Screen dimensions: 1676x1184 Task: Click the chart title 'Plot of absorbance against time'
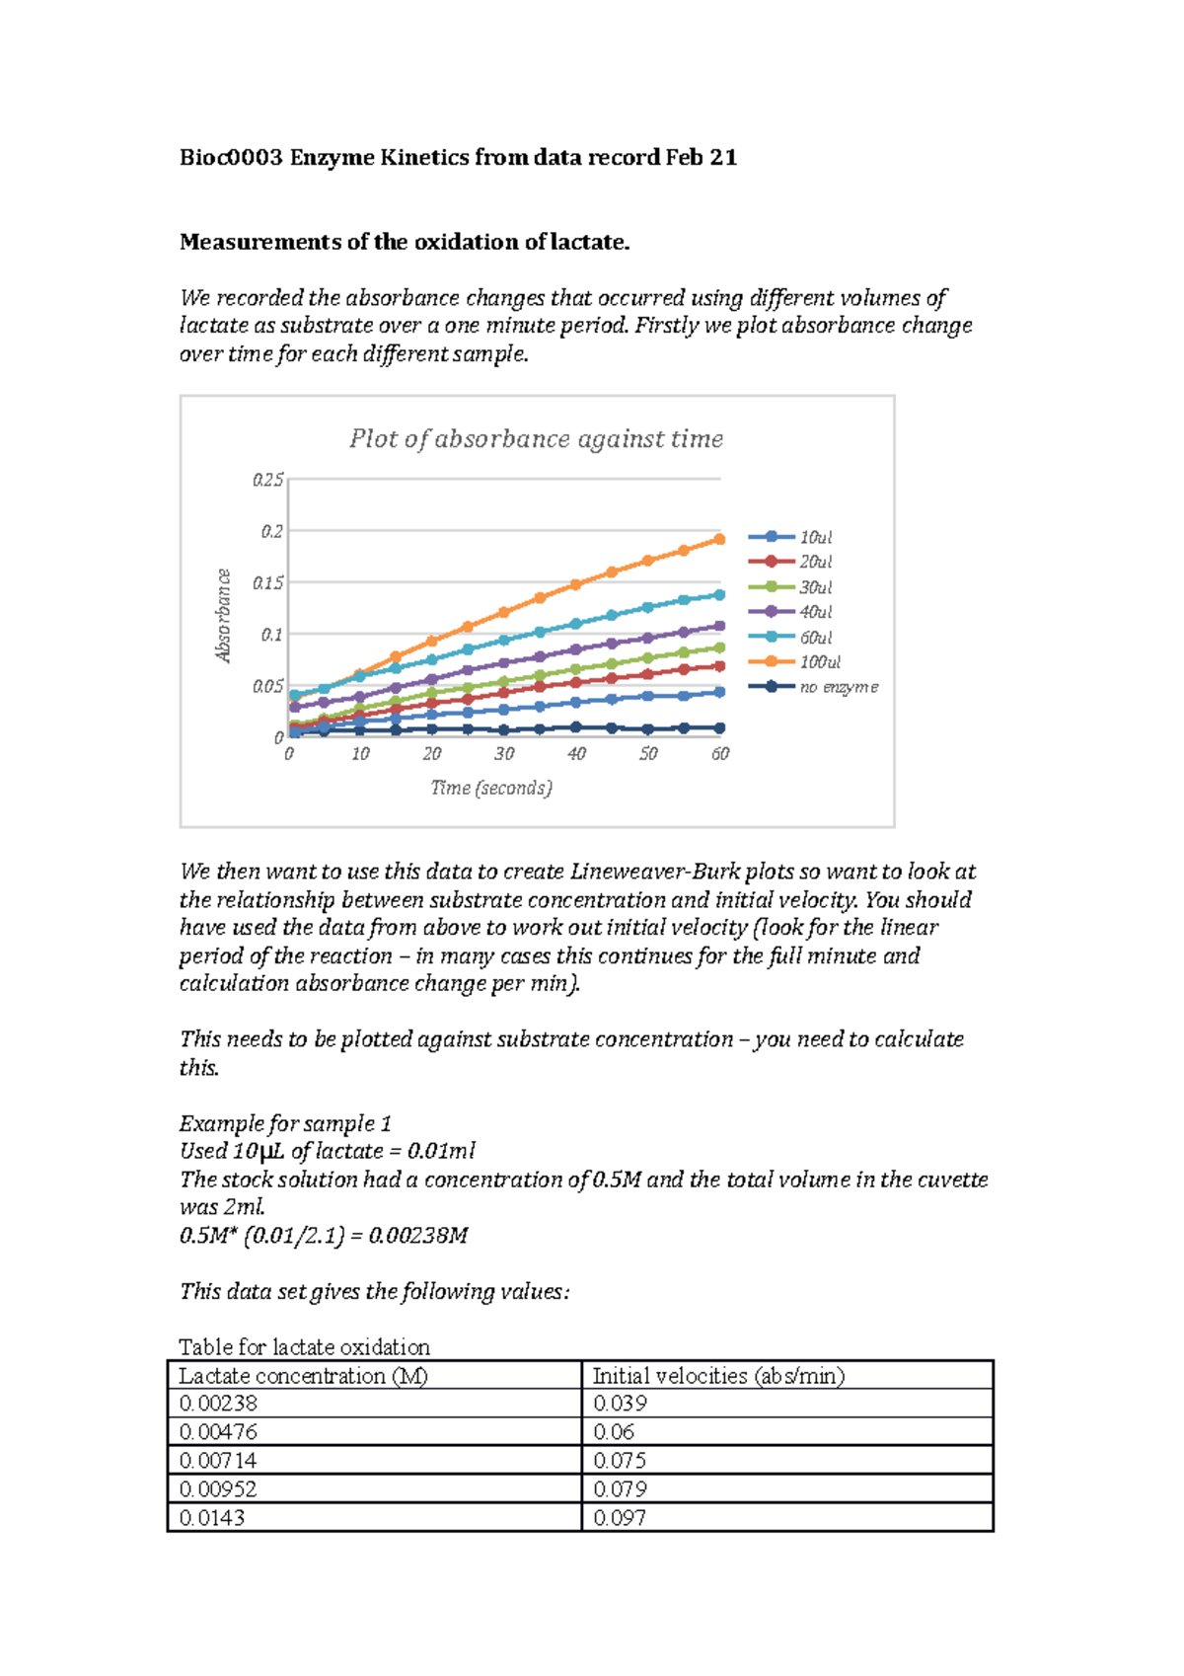[x=536, y=439]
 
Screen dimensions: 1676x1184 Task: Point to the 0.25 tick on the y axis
[x=267, y=480]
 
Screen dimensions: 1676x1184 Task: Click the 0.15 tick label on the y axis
[x=267, y=583]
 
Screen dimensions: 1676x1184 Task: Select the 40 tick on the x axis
[x=576, y=754]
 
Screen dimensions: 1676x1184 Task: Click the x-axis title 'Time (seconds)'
[x=491, y=788]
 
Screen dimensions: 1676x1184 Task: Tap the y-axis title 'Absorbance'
[x=224, y=616]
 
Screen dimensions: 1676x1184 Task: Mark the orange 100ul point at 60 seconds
[x=719, y=539]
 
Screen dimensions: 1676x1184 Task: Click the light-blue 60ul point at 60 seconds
[x=719, y=594]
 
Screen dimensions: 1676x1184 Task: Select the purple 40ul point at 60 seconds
[x=719, y=626]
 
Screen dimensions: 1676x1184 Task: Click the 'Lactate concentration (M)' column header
[x=303, y=1376]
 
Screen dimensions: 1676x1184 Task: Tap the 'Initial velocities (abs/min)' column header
[x=718, y=1376]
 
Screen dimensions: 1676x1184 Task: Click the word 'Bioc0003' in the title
[x=231, y=158]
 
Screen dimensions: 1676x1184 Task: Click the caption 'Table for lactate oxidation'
[x=304, y=1347]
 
